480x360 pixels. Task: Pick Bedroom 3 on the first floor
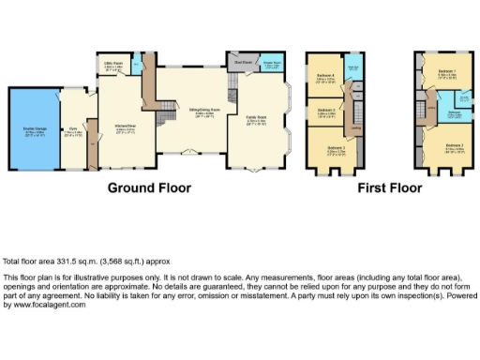coord(336,147)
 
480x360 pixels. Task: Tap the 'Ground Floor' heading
coord(148,187)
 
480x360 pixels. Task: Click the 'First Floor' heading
coord(389,187)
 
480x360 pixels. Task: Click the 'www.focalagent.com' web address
coord(40,306)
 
